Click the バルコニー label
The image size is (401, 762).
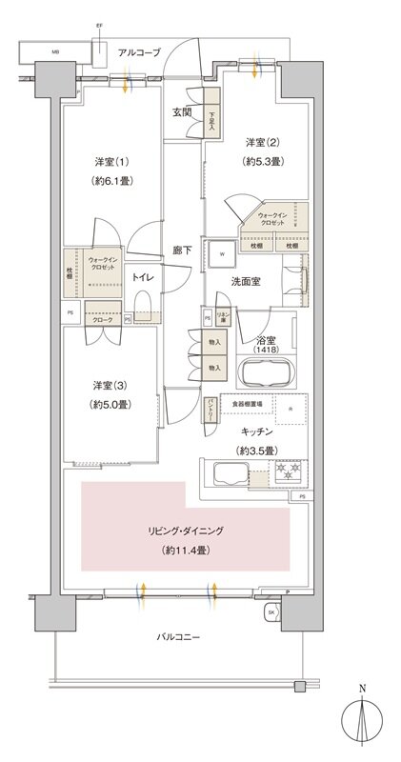coord(177,636)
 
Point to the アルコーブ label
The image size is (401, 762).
coord(139,52)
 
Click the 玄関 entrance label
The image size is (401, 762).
coord(182,111)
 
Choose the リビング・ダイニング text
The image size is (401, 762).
coord(185,531)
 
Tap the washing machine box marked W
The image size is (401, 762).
coord(223,254)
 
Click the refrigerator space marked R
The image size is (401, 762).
coord(291,410)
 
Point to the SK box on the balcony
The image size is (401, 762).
coord(271,611)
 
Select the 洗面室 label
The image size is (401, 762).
coord(246,282)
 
